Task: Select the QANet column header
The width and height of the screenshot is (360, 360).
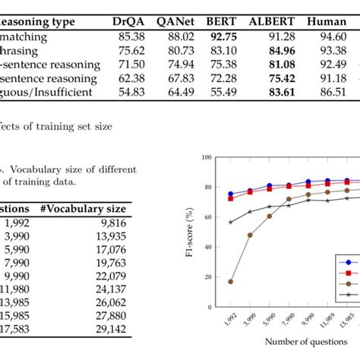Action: [x=175, y=15]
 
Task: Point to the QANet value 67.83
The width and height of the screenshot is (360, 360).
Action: [x=175, y=78]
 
